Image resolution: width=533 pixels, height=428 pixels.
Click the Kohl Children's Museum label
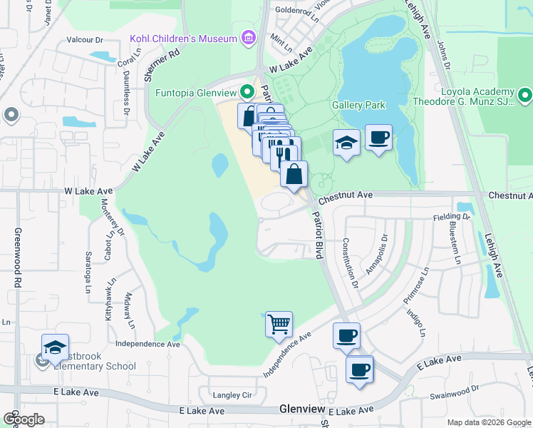point(184,37)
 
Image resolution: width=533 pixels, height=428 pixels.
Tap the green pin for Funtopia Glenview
point(247,91)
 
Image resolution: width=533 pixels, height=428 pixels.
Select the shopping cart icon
point(279,324)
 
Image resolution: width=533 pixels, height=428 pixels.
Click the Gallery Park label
point(358,106)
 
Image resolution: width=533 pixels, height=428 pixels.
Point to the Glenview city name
point(303,409)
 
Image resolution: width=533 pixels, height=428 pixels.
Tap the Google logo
point(24,419)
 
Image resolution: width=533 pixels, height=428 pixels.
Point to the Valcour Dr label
point(86,41)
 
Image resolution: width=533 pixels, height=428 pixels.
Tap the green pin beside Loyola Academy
point(525,94)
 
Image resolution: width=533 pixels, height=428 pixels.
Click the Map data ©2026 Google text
point(488,422)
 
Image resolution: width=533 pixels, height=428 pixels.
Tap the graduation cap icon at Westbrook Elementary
point(55,347)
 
